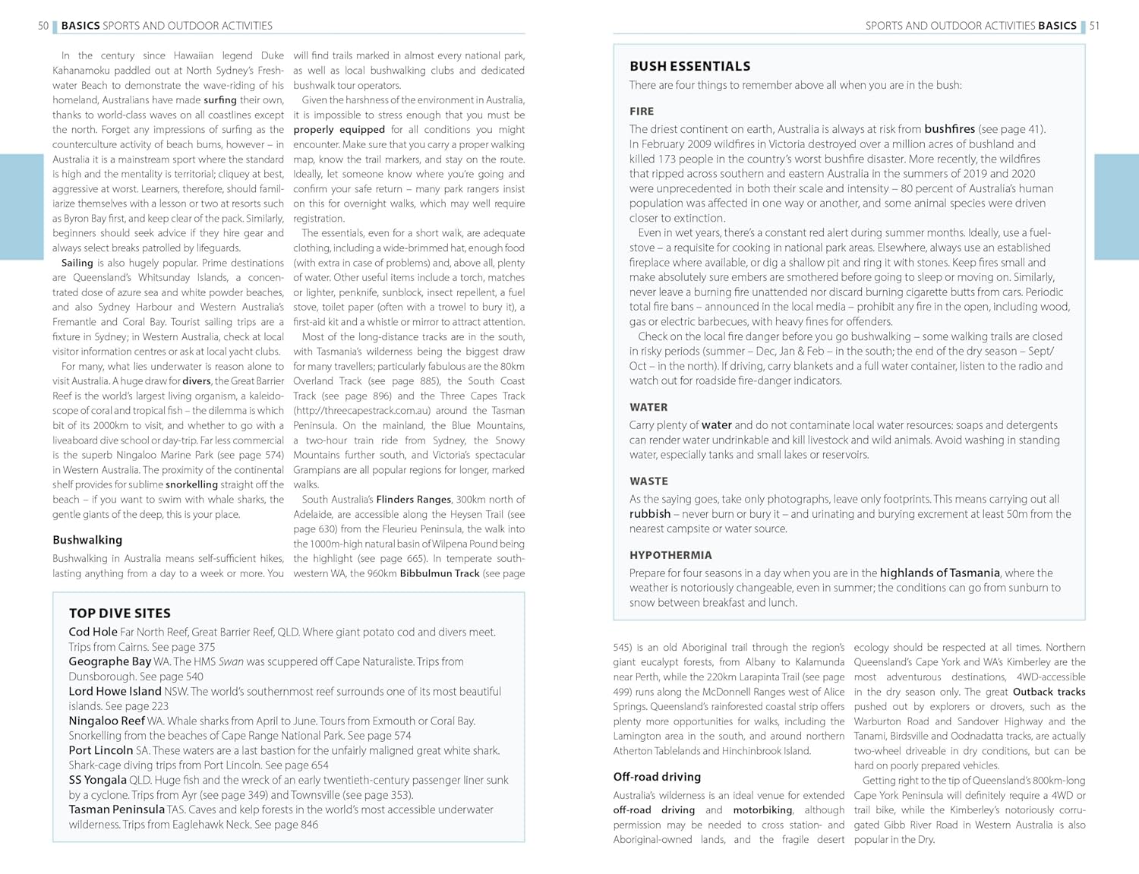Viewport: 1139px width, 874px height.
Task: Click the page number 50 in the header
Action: (43, 26)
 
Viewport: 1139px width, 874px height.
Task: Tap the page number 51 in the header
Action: (1094, 26)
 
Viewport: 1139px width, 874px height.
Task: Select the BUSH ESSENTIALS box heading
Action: (689, 66)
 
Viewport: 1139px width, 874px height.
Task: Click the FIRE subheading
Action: (642, 111)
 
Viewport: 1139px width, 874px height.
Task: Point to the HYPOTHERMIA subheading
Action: (670, 555)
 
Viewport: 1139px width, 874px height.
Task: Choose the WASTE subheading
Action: (648, 481)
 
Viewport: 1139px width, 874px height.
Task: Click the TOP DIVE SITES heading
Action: (119, 613)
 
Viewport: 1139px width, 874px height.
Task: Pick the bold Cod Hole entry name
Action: (93, 632)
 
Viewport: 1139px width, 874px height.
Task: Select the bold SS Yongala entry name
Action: (97, 780)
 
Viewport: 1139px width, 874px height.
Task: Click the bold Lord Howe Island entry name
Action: (115, 691)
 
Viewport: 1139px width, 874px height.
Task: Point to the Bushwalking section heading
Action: (87, 540)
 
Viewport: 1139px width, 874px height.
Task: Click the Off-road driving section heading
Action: (657, 777)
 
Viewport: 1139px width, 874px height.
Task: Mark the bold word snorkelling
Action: (191, 484)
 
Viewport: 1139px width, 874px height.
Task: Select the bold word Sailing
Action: (77, 263)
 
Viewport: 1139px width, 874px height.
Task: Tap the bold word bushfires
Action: (949, 129)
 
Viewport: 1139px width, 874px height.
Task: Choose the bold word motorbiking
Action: (762, 810)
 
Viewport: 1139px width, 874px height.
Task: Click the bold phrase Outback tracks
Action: (1049, 692)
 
